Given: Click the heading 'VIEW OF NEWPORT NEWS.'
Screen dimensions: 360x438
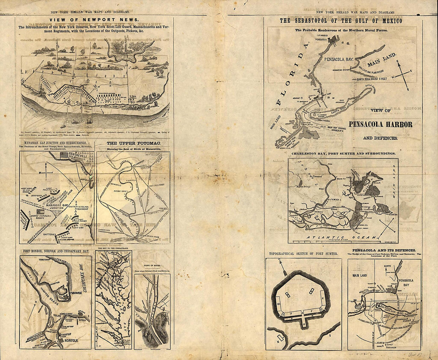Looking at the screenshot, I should [94, 20].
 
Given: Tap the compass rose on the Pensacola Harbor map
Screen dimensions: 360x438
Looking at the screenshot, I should [403, 74].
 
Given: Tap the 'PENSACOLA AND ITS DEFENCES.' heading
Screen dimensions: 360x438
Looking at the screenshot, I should [384, 250].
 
